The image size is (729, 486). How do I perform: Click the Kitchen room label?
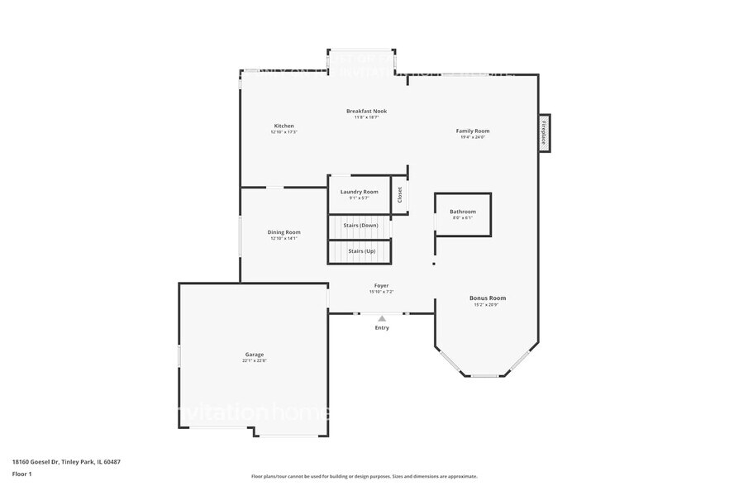click(283, 126)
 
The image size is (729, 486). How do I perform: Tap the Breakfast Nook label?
click(366, 111)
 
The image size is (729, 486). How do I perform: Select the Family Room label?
click(473, 131)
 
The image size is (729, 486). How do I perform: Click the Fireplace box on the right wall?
click(544, 133)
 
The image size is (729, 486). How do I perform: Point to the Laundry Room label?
click(359, 192)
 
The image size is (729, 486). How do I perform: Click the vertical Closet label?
click(400, 195)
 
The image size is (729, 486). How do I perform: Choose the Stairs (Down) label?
click(362, 225)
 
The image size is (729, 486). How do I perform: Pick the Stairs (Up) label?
click(362, 250)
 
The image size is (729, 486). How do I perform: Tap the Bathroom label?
click(463, 212)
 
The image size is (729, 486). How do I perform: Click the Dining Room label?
click(283, 232)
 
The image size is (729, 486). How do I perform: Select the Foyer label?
click(381, 285)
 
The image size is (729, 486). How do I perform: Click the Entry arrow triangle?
click(381, 318)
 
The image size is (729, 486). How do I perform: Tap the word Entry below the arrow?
click(381, 328)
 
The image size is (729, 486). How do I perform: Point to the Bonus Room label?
click(488, 298)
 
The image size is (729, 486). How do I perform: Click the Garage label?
click(254, 355)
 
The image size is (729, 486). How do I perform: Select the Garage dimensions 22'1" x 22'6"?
click(254, 361)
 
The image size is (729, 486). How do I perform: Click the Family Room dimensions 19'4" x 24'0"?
click(473, 137)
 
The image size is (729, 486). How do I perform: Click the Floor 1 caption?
click(21, 474)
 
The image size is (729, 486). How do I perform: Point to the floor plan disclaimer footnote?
click(364, 477)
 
